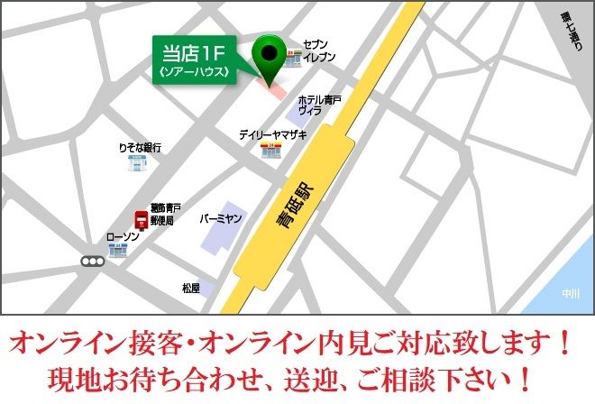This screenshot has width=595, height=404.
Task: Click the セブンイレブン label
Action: click(319, 50)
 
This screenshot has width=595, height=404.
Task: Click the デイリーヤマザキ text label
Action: click(272, 134)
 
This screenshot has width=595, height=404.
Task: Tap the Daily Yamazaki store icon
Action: click(270, 150)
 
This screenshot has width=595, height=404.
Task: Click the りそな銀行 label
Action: click(139, 146)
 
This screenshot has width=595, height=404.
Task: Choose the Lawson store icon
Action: click(117, 250)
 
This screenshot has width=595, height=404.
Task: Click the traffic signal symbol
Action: click(92, 262)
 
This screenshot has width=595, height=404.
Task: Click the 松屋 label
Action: click(190, 288)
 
